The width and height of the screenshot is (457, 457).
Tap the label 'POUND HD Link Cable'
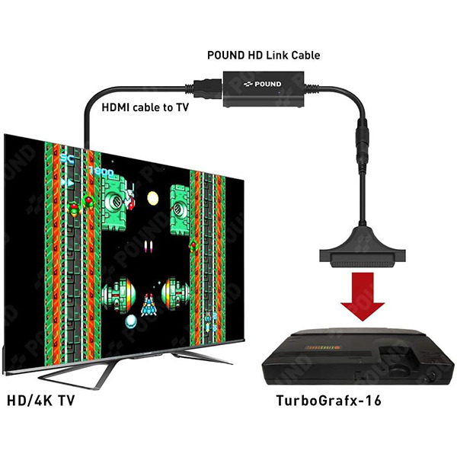pos(263,56)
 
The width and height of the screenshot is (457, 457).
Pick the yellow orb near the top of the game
pos(153,198)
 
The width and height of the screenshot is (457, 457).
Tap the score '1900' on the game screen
pos(100,173)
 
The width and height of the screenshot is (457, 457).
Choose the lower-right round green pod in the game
pos(173,291)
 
